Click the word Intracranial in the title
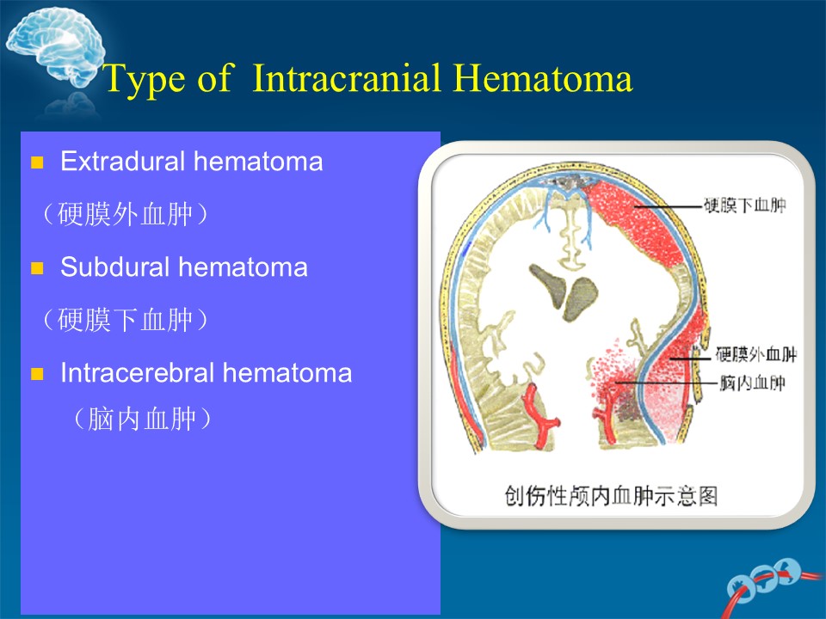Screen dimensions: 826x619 pyautogui.click(x=347, y=78)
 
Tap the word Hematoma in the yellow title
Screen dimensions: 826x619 pyautogui.click(x=543, y=78)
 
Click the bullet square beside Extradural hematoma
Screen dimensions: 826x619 pyautogui.click(x=37, y=162)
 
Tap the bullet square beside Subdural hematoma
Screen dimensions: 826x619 pyautogui.click(x=37, y=268)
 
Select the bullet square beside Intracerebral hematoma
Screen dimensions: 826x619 pyautogui.click(x=37, y=374)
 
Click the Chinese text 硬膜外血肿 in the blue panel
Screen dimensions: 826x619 pyautogui.click(x=125, y=214)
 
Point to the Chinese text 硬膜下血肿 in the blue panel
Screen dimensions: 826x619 pyautogui.click(x=125, y=320)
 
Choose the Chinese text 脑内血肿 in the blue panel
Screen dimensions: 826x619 pyautogui.click(x=142, y=419)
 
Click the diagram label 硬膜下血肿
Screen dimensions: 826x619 pyautogui.click(x=745, y=205)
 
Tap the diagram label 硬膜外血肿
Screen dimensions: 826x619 pyautogui.click(x=756, y=354)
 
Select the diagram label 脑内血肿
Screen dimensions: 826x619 pyautogui.click(x=752, y=383)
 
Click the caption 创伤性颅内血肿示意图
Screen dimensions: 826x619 pyautogui.click(x=611, y=496)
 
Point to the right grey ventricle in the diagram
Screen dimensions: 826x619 pyautogui.click(x=581, y=298)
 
